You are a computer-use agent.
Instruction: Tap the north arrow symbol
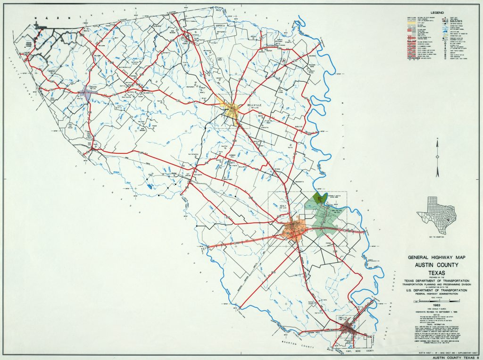(438, 149)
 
